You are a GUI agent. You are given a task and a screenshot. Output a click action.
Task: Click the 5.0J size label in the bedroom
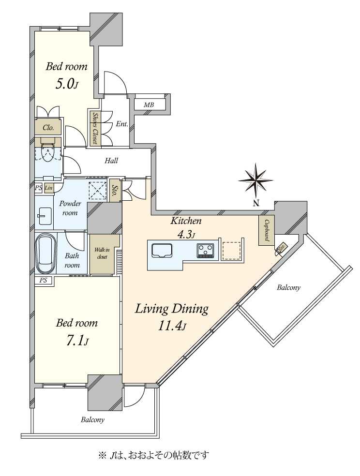(67, 84)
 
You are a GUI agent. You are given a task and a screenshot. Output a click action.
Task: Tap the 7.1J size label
(77, 341)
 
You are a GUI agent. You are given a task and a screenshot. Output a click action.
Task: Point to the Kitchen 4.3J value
(186, 234)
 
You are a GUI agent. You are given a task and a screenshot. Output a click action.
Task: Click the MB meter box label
(149, 105)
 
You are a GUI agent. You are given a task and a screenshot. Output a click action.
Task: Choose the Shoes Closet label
(95, 128)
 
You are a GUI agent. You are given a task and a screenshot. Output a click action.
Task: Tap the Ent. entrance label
(122, 124)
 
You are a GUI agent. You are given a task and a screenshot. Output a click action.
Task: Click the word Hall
(111, 161)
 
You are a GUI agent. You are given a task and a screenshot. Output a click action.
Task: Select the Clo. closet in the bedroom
(48, 128)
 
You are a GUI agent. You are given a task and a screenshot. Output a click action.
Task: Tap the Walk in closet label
(102, 253)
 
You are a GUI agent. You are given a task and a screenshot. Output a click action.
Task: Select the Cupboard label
(267, 230)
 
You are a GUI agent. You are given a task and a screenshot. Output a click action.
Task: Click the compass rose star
(256, 180)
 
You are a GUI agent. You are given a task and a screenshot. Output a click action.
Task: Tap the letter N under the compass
(256, 204)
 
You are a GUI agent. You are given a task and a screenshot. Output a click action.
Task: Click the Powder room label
(70, 208)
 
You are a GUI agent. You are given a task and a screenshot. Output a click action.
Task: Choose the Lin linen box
(49, 188)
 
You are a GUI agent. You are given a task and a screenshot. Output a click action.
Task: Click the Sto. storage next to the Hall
(115, 190)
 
